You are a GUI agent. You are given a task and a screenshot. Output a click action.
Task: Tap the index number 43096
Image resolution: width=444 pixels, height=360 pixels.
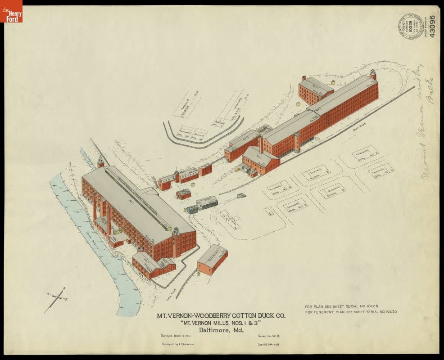(x=433, y=27)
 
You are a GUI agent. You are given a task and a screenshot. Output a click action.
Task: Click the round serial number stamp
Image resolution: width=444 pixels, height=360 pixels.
(x=410, y=27)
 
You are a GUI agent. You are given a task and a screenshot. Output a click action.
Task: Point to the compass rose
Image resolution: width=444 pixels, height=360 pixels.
(x=57, y=298)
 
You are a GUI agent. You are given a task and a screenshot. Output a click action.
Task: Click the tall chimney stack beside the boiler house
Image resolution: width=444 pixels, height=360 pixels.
(x=260, y=144)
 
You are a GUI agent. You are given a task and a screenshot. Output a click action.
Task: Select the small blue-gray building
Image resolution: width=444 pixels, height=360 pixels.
(x=192, y=209)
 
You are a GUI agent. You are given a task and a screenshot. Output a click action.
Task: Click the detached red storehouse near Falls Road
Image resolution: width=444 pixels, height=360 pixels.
(x=212, y=260)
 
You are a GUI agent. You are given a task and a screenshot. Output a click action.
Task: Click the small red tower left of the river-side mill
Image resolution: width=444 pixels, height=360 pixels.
(x=100, y=162)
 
